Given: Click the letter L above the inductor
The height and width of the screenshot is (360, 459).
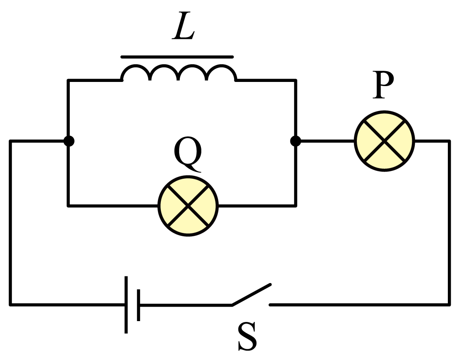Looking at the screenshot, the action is pos(183,25).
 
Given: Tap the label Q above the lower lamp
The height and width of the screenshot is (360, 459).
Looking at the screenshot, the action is pos(188,154).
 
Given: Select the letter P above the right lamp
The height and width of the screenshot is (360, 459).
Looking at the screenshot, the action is pos(383,85).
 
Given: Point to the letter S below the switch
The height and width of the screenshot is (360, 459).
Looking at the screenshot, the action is pos(248,336).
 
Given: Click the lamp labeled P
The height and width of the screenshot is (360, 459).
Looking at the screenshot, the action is pos(384,141).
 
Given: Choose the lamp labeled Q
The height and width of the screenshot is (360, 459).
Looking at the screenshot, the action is pos(188,206).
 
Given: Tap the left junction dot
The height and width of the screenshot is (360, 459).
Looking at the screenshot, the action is pos(69,141).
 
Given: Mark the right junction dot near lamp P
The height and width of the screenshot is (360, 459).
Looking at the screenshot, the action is pos(296,141).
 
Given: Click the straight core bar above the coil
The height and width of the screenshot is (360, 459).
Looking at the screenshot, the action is pos(177,57).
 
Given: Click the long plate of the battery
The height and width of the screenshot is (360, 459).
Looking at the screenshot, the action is pos(126,305).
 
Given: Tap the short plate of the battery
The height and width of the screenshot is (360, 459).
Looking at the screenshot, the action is pos(139,305).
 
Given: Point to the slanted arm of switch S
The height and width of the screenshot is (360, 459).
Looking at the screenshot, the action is pos(251,295).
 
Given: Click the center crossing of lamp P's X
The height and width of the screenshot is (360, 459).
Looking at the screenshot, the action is pos(384,141).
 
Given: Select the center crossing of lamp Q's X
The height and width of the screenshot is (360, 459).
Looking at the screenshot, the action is pos(188,206).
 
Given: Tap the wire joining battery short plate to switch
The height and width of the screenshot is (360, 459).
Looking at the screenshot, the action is pos(186,305).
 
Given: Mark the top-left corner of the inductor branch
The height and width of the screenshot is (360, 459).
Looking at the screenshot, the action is pos(69,80).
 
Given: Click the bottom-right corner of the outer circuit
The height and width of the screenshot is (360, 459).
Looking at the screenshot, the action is pos(449,305).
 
